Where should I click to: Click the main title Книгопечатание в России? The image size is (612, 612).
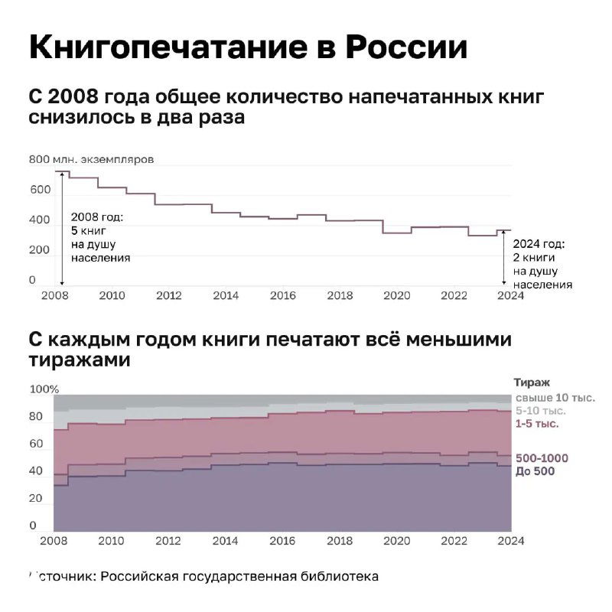247,47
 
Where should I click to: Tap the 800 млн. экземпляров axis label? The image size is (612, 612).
91,160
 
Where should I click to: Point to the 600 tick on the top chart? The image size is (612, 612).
39,190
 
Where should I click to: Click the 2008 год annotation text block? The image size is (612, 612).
99,238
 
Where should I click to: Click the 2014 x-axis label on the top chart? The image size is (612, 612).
226,295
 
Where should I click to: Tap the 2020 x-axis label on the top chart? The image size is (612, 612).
396,295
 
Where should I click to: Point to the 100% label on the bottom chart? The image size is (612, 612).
44,389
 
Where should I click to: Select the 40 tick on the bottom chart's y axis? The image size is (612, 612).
36,471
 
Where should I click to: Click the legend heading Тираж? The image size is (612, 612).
532,382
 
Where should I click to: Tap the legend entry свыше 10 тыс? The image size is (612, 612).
555,397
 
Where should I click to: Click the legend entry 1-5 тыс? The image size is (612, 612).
536,423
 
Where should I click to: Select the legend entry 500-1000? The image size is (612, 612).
542,458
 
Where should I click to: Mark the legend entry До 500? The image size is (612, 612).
535,471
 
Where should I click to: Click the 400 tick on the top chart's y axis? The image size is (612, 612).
39,220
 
